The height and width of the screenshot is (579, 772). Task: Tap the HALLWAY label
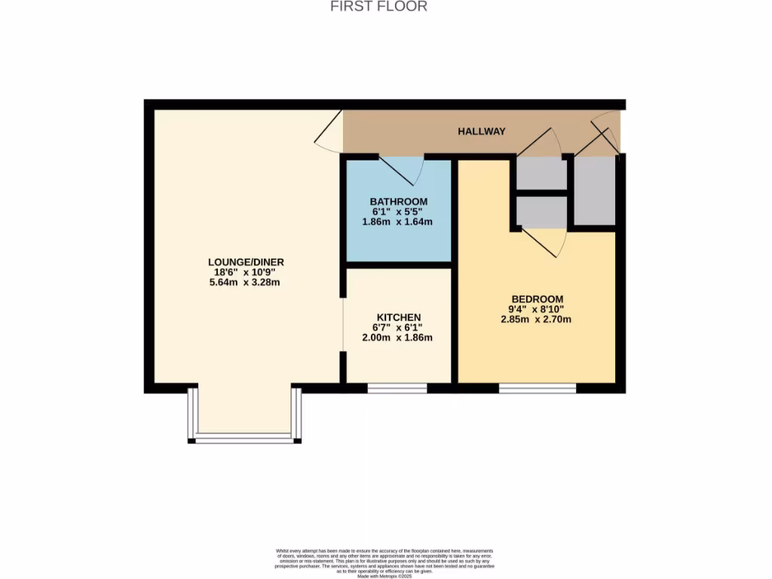482,131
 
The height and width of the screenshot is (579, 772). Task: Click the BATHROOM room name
398,202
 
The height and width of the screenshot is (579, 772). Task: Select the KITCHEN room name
398,317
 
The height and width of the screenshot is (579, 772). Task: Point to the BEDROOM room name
537,299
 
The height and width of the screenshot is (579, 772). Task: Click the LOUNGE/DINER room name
246,262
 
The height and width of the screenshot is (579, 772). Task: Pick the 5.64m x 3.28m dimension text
246,283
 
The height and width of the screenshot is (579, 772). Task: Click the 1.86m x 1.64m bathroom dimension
398,222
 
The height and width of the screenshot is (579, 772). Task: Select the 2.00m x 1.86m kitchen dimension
398,338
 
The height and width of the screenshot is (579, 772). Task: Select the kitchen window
397,389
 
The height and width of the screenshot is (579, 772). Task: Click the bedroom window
537,389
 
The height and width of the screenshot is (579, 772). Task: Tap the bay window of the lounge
246,437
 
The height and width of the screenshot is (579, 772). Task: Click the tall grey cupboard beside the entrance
595,191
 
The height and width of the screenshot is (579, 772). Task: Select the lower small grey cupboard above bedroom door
541,212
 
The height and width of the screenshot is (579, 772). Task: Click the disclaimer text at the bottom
385,562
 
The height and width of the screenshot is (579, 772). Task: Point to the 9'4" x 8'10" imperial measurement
537,309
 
